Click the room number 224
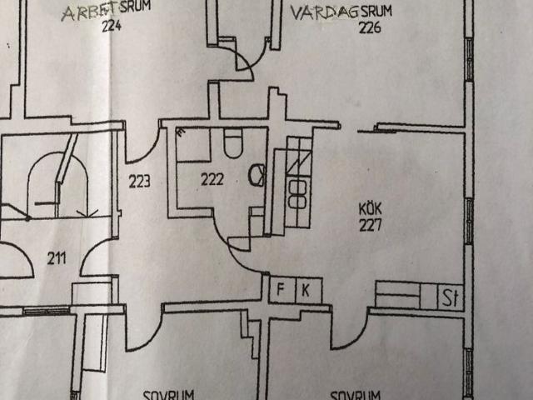pos(111,26)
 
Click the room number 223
pos(139,181)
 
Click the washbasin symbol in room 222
pos(257,173)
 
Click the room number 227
pos(369,225)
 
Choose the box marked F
pos(281,290)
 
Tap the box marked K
pos(306,290)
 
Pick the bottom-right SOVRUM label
pos(356,395)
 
